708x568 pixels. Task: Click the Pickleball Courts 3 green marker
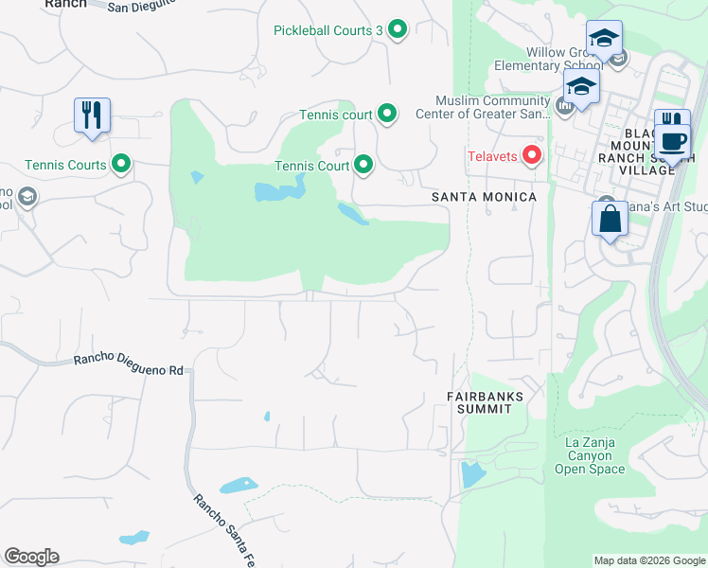pos(398,30)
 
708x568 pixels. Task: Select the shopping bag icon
pos(611,219)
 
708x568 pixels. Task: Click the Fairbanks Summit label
pos(480,401)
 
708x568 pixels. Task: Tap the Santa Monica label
pos(484,197)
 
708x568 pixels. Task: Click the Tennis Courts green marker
pos(121,165)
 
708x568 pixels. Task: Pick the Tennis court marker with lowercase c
pos(387,115)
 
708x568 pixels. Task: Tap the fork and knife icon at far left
pos(93,115)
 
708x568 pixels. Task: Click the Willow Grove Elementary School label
pos(549,59)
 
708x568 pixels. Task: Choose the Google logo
pos(31,557)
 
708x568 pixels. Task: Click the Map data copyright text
pos(648,560)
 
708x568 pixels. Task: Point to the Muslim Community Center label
pos(492,108)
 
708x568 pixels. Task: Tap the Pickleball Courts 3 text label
pos(327,30)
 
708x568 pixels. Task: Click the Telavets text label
pos(492,155)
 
